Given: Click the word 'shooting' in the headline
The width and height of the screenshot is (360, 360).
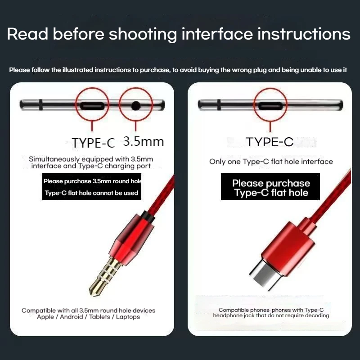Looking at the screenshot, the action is tap(143, 35).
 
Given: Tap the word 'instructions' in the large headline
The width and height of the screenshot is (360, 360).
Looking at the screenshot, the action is tap(304, 34).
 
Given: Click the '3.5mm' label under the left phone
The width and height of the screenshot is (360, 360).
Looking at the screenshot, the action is tap(144, 141).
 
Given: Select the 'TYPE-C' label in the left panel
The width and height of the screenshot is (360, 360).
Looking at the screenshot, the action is tap(93, 143).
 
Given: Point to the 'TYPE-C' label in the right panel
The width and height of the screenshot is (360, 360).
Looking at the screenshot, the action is tap(270, 142).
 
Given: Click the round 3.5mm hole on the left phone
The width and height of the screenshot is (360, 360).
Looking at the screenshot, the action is tap(136, 106).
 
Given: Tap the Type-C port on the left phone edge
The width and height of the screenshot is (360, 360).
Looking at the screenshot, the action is tap(92, 106).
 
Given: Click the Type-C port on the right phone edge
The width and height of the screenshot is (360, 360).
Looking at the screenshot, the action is tap(270, 106).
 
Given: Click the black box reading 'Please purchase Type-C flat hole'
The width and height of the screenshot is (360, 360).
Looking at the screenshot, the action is tap(270, 187).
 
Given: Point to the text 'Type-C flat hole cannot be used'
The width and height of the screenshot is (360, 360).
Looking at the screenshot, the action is tap(92, 193).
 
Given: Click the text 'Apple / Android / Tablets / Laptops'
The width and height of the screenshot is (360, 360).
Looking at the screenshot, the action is tap(88, 317).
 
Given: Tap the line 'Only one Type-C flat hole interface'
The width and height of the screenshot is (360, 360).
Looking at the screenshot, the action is tap(271, 162).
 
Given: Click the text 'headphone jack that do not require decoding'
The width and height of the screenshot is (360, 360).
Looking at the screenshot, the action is tap(271, 315).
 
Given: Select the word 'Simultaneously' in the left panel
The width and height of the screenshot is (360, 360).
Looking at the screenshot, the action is tap(54, 159).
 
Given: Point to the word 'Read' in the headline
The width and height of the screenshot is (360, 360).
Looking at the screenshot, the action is tap(27, 34).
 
